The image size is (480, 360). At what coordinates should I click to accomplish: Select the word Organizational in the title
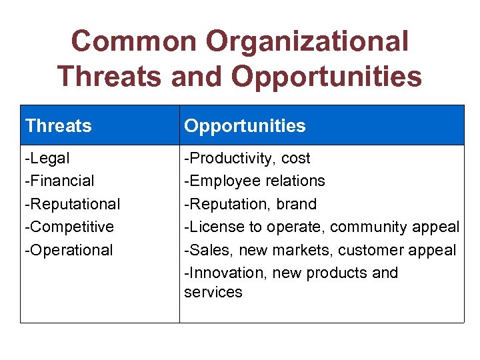307,41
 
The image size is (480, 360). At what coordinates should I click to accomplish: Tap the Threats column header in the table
59,125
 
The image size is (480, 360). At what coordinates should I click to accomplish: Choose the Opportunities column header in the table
245,125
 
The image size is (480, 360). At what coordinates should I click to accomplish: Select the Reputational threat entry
73,203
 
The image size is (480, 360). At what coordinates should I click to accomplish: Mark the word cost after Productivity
296,159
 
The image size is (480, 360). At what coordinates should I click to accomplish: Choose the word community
365,227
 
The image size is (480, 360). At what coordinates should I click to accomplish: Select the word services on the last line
213,292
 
